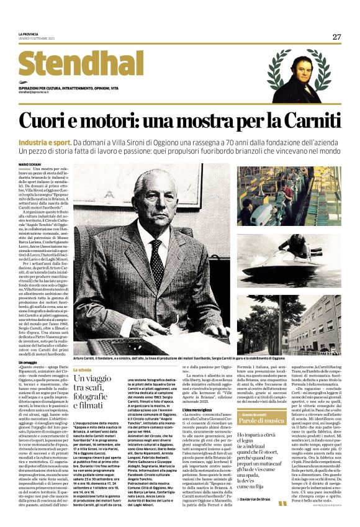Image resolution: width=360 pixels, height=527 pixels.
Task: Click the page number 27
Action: [336, 37]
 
